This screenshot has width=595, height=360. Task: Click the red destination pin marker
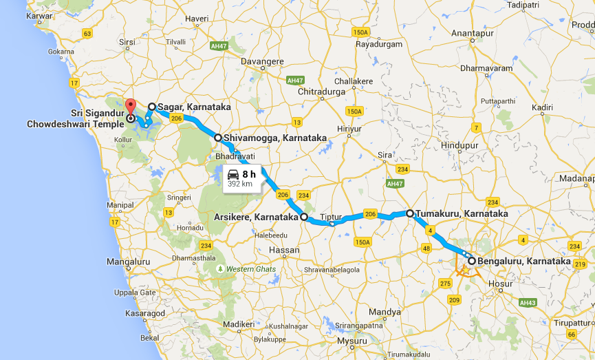pyautogui.click(x=131, y=108)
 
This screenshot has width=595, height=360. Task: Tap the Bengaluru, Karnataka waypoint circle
pyautogui.click(x=471, y=261)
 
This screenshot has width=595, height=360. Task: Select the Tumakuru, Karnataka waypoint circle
pyautogui.click(x=410, y=213)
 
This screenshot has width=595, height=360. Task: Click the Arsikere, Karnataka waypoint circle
pyautogui.click(x=303, y=217)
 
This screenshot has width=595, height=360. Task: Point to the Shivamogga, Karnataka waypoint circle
pyautogui.click(x=218, y=138)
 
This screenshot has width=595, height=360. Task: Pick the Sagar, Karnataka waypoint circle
pyautogui.click(x=152, y=107)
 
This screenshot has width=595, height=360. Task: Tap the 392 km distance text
pyautogui.click(x=239, y=184)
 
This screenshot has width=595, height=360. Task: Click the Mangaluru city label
pyautogui.click(x=128, y=262)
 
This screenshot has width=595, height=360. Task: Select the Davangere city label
pyautogui.click(x=261, y=61)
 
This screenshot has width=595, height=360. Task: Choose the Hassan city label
pyautogui.click(x=285, y=249)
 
